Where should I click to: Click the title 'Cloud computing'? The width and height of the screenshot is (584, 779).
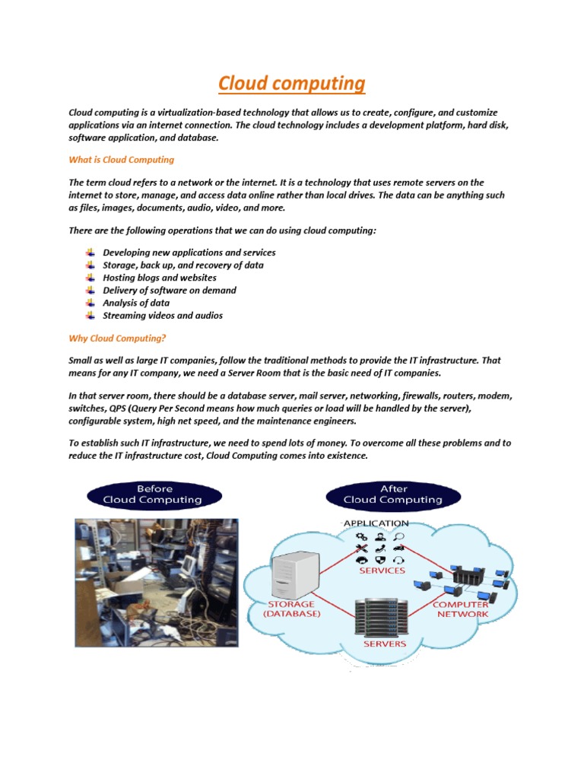(x=292, y=83)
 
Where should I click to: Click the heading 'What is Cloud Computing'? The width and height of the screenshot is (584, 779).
(x=121, y=160)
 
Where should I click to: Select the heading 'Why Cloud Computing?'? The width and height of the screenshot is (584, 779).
(x=117, y=338)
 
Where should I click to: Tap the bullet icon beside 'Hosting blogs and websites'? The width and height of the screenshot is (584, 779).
(x=90, y=278)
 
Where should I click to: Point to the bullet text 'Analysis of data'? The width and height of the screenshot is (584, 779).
(x=136, y=303)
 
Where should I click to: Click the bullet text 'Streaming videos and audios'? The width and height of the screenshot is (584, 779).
(x=163, y=315)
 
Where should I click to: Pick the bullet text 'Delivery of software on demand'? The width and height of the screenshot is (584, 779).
(x=170, y=290)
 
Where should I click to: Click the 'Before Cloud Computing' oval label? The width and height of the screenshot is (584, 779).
(x=154, y=494)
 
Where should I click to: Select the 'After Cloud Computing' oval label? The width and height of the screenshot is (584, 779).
(x=393, y=494)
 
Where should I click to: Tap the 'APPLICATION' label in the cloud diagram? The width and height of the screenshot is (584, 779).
(x=376, y=523)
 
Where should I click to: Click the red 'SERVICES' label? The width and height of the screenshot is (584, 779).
(x=382, y=570)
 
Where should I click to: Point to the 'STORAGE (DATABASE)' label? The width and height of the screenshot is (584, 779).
(x=292, y=609)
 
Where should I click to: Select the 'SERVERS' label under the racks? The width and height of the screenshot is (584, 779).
(x=386, y=644)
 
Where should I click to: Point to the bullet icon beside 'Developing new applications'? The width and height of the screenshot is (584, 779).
(x=90, y=253)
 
